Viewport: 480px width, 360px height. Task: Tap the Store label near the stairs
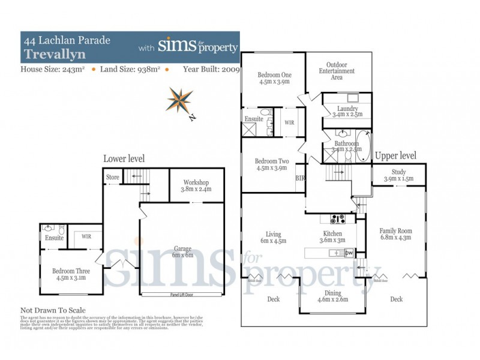point(113,177)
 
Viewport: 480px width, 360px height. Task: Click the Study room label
point(398,175)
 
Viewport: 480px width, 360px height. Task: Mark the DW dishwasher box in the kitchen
point(349,253)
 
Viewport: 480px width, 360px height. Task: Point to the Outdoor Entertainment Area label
point(340,71)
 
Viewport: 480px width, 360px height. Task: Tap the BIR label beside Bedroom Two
point(301,178)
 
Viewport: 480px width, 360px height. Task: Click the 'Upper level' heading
point(395,155)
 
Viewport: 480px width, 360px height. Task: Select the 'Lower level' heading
point(124,158)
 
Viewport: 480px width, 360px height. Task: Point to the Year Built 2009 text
point(211,70)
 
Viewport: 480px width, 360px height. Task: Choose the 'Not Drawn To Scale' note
point(53,310)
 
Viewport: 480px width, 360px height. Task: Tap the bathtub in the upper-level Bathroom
point(363,146)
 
